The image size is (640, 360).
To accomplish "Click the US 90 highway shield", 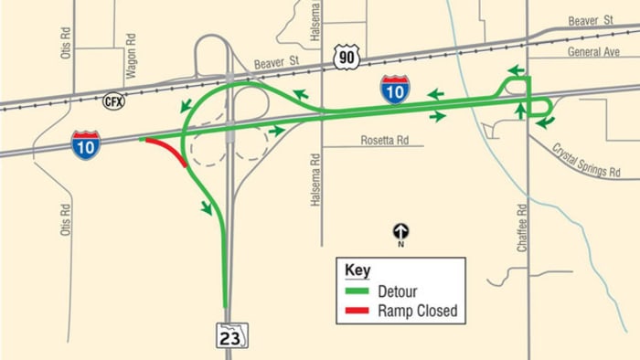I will [x=347, y=57].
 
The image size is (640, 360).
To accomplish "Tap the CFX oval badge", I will [x=114, y=101].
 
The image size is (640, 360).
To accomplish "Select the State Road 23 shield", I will [x=230, y=335].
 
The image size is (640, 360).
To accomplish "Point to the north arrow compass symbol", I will [x=400, y=232].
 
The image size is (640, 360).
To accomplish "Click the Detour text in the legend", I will [x=398, y=291].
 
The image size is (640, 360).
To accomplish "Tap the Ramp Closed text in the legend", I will [x=417, y=312].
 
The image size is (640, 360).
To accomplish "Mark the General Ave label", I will [x=595, y=53].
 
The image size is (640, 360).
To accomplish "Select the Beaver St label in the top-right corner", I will [x=589, y=19].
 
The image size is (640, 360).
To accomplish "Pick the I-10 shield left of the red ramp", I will [x=86, y=145].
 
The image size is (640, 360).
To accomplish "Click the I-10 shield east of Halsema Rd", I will [x=395, y=90].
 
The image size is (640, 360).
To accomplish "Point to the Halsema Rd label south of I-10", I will [x=315, y=175].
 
